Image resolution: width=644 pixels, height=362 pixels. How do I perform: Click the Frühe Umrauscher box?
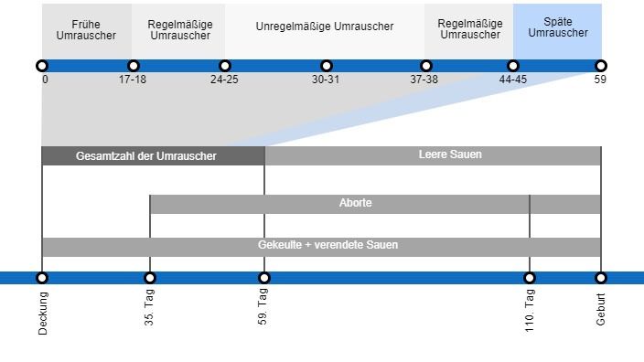[x=86, y=30]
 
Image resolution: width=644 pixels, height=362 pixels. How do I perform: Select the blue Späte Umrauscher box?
[x=558, y=27]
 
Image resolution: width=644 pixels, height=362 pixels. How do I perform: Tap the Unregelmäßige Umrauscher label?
[x=325, y=27]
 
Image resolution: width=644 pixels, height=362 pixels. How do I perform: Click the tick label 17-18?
[x=133, y=80]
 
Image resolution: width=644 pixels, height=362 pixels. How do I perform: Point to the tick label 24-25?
[x=224, y=80]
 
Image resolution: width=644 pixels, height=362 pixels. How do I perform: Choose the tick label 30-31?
[x=326, y=80]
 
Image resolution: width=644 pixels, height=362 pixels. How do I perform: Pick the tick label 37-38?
[x=424, y=80]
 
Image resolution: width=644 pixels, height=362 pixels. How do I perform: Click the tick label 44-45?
[x=513, y=80]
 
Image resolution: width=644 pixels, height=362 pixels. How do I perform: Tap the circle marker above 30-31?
[x=327, y=66]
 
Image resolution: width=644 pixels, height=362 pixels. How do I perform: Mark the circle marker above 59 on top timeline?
[x=601, y=66]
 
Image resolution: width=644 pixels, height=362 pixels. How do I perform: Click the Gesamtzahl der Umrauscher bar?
[x=146, y=156]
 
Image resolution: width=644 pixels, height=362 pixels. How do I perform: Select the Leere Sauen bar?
[x=450, y=154]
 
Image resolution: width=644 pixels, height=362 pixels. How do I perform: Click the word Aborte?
[x=356, y=203]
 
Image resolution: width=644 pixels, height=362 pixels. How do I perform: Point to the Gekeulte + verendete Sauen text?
[x=327, y=245]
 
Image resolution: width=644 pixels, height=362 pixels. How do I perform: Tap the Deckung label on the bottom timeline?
[x=43, y=313]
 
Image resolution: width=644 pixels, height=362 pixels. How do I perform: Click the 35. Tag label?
[x=150, y=307]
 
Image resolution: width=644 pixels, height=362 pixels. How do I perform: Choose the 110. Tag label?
[x=530, y=309]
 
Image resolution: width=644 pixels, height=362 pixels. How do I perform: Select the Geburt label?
[x=601, y=309]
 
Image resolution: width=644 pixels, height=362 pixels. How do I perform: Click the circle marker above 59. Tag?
[x=264, y=278]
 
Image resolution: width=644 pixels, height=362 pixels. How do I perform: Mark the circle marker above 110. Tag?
[x=530, y=278]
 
